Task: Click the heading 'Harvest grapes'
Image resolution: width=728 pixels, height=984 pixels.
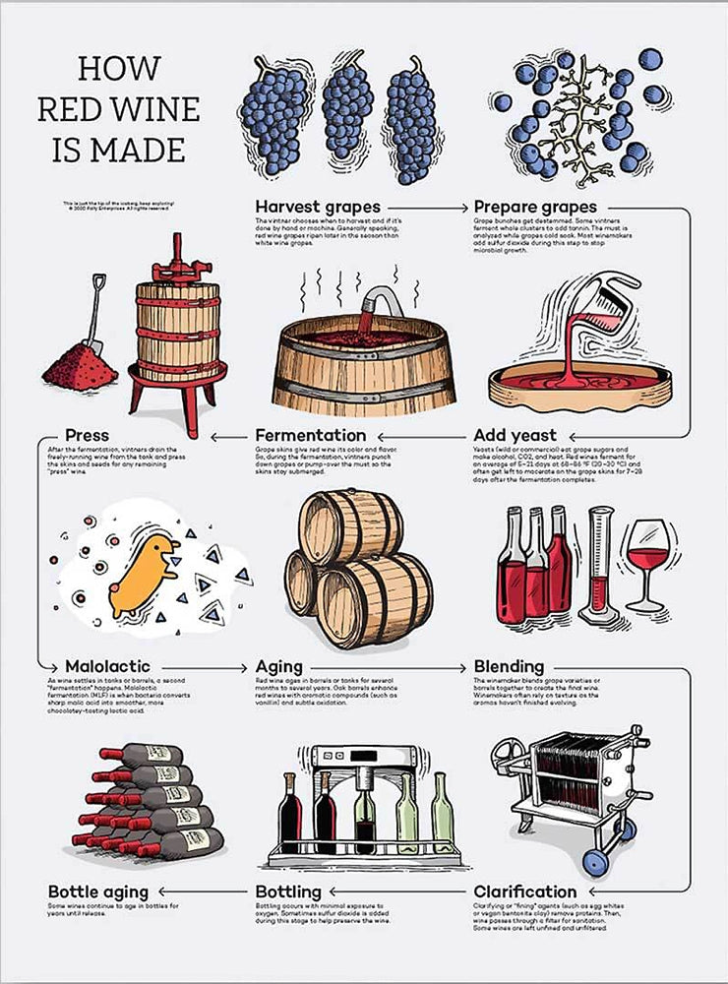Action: (318, 207)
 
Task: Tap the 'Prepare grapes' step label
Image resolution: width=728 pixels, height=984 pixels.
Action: (535, 207)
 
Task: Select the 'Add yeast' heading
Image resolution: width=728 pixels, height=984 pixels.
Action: (515, 435)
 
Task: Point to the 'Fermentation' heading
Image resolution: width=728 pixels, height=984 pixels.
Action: (310, 435)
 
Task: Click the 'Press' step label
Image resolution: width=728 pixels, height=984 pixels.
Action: (87, 435)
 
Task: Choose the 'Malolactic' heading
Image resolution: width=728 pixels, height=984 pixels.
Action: (98, 666)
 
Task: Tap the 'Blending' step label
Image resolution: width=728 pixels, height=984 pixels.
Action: (509, 666)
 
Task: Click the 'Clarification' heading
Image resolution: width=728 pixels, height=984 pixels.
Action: (524, 892)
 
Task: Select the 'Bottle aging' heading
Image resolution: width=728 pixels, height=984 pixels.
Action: (100, 892)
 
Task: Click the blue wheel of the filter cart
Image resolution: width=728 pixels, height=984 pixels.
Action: (593, 863)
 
